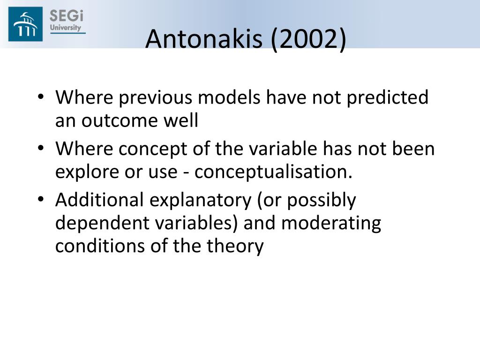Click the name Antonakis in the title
pos(204,39)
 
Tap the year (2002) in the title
pos(308,39)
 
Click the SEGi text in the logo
pos(67,16)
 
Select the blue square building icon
pos(25,24)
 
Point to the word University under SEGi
pos(66,28)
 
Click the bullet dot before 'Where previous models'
pos(41,97)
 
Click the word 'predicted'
pos(387,97)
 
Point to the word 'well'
pos(181,120)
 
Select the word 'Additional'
pos(99,200)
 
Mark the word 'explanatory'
pos(200,201)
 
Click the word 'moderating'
pos(331,224)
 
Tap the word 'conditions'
pos(100,246)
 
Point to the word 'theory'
pos(235,246)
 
